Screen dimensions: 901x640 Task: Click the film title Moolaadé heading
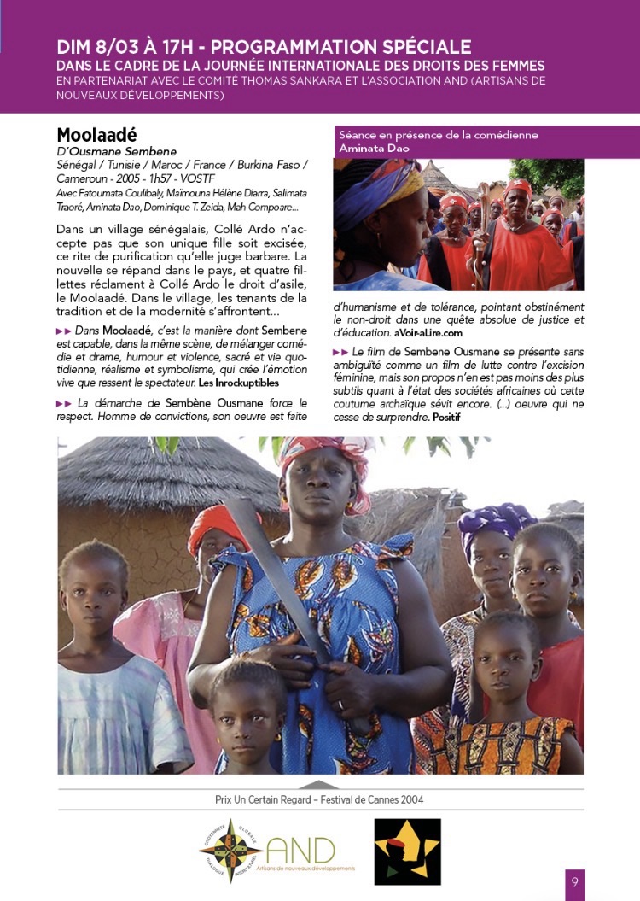[96, 136]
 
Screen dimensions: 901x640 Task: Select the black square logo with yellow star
[408, 851]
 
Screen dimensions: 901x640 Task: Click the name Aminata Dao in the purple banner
[375, 149]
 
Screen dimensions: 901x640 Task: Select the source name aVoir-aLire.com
[428, 332]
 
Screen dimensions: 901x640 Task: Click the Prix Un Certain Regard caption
[319, 799]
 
